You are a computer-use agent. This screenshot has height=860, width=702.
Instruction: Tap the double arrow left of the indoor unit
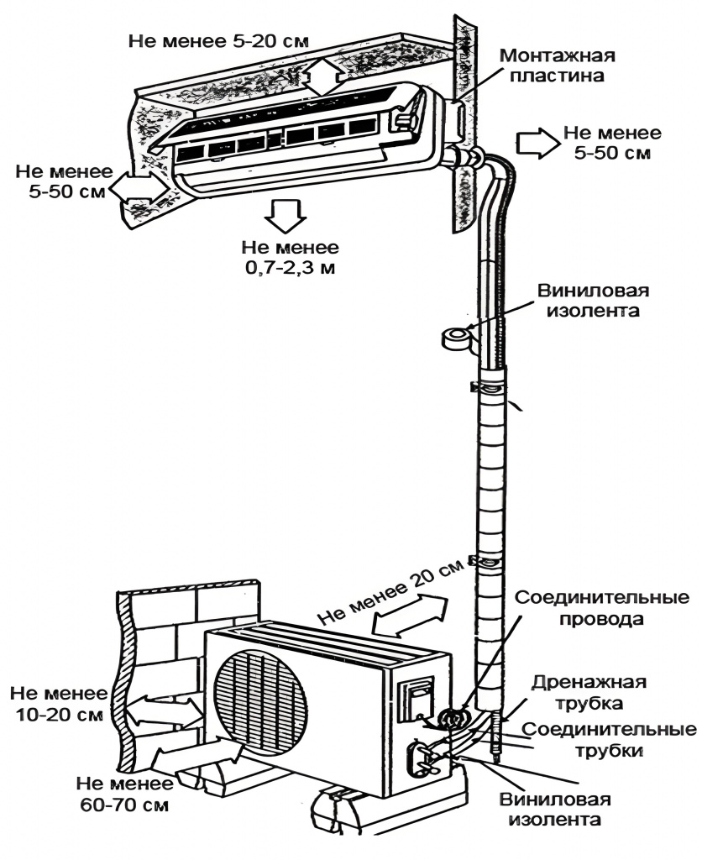[139, 186]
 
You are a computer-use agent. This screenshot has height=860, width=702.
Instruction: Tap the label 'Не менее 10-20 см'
[58, 704]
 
